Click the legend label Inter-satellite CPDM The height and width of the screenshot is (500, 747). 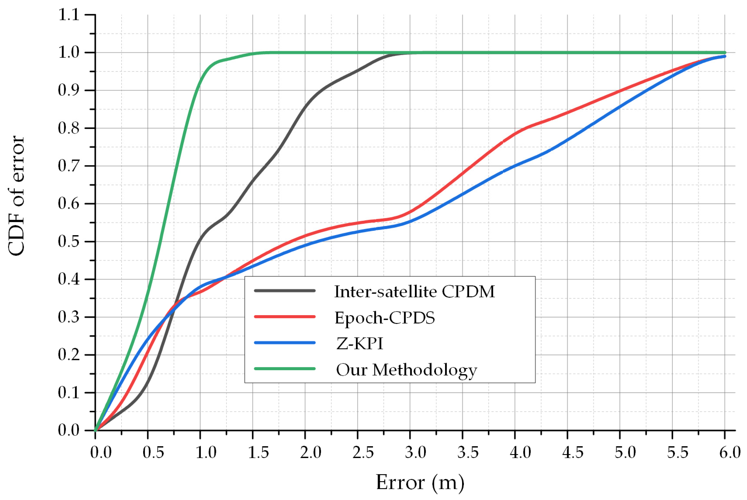tap(414, 292)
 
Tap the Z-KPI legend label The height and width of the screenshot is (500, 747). tap(360, 343)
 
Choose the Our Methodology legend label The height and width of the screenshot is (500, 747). tap(406, 370)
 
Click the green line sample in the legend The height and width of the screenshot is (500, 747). tap(285, 369)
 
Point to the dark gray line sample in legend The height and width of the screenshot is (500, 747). tap(285, 291)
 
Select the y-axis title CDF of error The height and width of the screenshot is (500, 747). tap(16, 196)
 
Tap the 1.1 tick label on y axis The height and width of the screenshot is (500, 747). tap(68, 15)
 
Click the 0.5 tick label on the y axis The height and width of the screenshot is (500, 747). tap(68, 241)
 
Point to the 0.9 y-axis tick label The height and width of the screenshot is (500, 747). tap(68, 90)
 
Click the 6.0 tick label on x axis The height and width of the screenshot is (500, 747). tap(730, 453)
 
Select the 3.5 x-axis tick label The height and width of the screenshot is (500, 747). tap(468, 453)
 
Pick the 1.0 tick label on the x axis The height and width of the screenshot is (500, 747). tap(206, 453)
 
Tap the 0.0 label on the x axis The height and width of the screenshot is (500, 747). tap(101, 453)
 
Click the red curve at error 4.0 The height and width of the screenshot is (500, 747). tap(515, 134)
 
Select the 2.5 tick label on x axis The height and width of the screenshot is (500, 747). tap(363, 453)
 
